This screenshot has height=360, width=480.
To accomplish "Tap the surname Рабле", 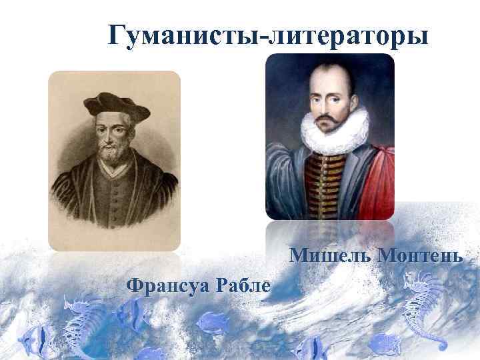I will pos(247,286).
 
